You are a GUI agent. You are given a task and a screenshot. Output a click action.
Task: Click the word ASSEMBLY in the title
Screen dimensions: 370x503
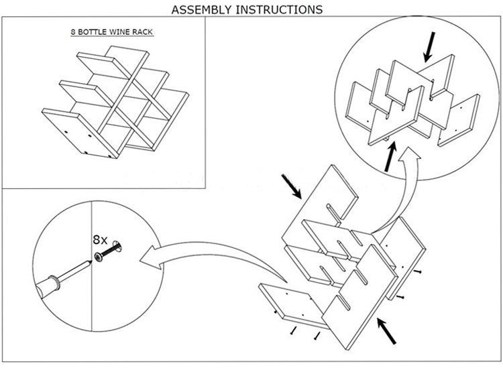click(201, 9)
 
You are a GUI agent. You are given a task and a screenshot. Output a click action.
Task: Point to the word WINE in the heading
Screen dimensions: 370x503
click(124, 32)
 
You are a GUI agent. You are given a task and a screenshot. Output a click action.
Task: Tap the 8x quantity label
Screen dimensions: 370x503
click(99, 238)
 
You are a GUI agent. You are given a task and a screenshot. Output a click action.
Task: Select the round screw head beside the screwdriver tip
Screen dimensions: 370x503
click(100, 256)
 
